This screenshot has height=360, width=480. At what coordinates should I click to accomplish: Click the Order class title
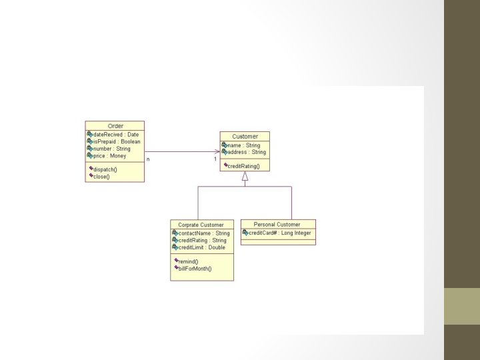[x=115, y=126]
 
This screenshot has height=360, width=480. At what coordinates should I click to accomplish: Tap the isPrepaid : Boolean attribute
[x=117, y=142]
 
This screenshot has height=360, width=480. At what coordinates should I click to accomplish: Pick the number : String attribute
[x=112, y=149]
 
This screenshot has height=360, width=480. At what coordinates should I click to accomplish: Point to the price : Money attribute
[x=109, y=156]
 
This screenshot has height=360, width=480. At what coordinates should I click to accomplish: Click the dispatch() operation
[x=105, y=169]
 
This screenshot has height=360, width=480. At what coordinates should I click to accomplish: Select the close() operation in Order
[x=101, y=177]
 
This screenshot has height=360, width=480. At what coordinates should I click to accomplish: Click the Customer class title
[x=245, y=137]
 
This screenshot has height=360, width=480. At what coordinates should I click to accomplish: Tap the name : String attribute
[x=243, y=145]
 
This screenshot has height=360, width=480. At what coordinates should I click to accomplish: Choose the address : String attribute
[x=246, y=152]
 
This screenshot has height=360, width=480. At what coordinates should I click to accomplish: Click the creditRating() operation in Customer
[x=245, y=165]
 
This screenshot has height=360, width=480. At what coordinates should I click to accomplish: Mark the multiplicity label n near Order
[x=148, y=159]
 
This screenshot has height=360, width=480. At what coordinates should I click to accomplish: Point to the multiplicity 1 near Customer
[x=215, y=159]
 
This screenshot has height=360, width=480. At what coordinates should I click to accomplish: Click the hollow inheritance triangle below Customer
[x=245, y=177]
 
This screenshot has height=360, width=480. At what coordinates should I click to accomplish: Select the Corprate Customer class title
[x=201, y=225]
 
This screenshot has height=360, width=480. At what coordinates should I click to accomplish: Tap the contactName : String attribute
[x=204, y=233]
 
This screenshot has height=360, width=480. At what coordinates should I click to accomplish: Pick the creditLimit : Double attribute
[x=202, y=247]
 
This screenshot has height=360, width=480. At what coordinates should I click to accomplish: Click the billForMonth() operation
[x=195, y=268]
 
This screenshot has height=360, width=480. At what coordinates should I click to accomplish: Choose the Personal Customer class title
[x=277, y=225]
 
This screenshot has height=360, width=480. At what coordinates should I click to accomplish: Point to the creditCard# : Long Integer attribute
[x=279, y=233]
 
